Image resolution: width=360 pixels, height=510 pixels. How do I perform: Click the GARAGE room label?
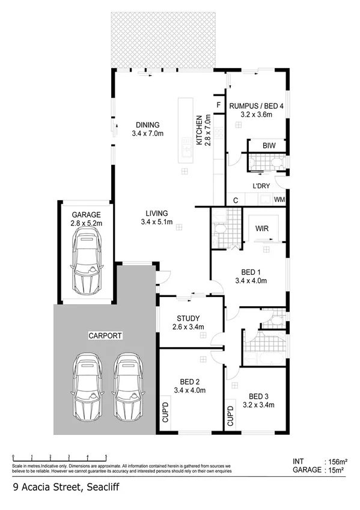[x=87, y=214]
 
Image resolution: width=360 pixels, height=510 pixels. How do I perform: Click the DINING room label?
[x=147, y=125]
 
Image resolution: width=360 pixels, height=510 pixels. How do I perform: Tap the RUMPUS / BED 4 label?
[x=257, y=106]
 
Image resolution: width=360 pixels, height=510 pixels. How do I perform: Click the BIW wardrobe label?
[x=269, y=146]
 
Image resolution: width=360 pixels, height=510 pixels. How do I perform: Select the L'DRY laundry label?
[x=260, y=185]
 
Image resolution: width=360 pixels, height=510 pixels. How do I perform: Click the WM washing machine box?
[x=279, y=199]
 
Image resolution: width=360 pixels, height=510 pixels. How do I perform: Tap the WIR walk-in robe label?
[x=261, y=229]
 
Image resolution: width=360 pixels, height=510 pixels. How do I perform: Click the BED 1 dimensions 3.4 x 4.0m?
[x=251, y=280]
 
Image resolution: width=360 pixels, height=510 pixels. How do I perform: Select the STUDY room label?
[x=188, y=318]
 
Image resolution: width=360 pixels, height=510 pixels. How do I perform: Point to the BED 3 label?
[x=258, y=396]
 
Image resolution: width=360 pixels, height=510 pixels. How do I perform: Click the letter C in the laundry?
[x=236, y=199]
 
